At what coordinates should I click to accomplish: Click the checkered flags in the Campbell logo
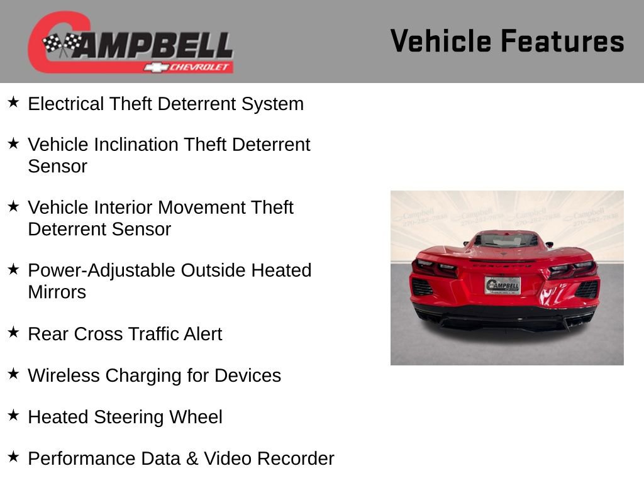61,44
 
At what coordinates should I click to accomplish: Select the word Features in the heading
562,42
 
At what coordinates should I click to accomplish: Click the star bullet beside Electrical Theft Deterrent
14,102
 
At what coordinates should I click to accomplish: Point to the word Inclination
136,145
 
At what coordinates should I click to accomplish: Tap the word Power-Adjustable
102,270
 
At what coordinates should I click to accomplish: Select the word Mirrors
57,292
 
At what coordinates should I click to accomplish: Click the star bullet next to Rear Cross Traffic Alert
14,332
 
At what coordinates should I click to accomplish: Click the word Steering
129,417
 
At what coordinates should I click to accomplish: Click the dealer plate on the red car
502,286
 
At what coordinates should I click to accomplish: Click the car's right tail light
573,269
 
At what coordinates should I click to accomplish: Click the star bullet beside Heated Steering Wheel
14,416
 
